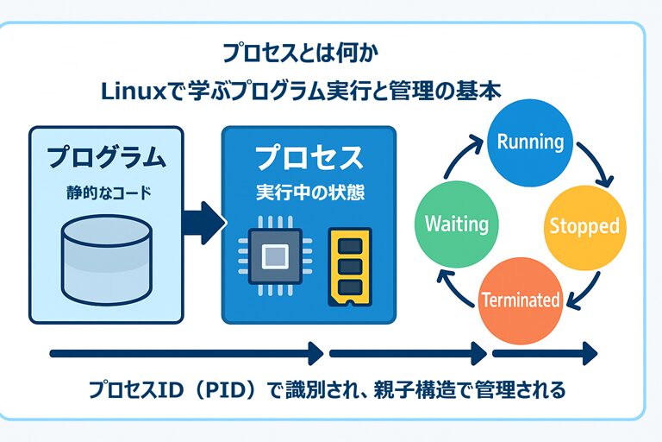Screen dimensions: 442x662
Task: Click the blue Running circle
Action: point(530,142)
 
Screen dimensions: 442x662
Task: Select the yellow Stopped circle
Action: point(584,226)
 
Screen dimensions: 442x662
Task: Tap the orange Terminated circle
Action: point(520,299)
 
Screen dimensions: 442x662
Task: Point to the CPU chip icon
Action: point(273,256)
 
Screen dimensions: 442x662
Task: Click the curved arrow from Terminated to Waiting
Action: point(454,285)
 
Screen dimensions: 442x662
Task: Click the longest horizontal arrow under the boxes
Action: point(185,352)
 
